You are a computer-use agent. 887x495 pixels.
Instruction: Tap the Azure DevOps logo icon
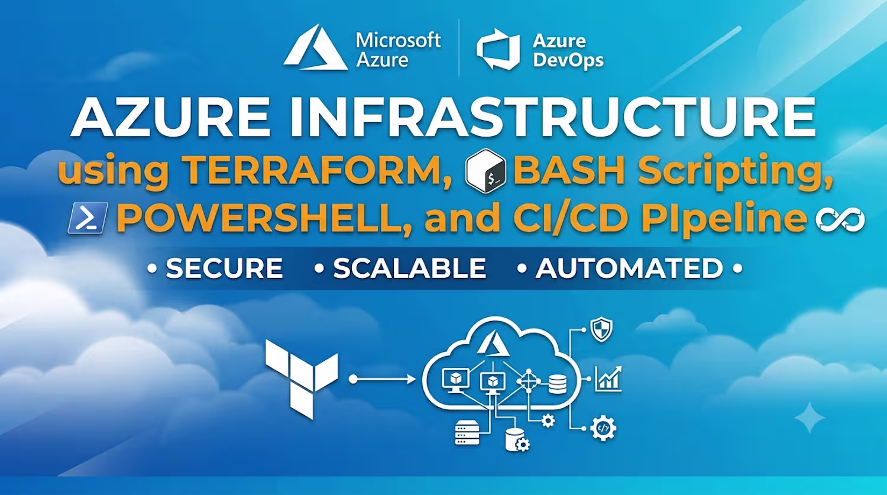pos(498,50)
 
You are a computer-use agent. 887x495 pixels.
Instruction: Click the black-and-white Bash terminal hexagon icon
pos(485,171)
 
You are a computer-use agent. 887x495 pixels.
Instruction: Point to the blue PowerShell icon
pos(88,218)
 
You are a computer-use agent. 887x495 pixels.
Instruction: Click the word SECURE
pos(224,268)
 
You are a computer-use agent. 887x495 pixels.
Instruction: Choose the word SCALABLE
pos(409,268)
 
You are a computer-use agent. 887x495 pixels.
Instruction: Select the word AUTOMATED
pos(629,268)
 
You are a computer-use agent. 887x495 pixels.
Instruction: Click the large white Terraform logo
pos(302,379)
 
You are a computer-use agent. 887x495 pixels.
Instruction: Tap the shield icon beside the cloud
pos(601,329)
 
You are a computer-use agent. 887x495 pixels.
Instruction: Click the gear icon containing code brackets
pos(603,428)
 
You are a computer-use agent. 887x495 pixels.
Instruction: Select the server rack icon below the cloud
pos(467,433)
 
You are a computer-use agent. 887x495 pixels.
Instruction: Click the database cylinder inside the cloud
pos(558,384)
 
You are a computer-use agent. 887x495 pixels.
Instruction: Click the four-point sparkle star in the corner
pos(810,418)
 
